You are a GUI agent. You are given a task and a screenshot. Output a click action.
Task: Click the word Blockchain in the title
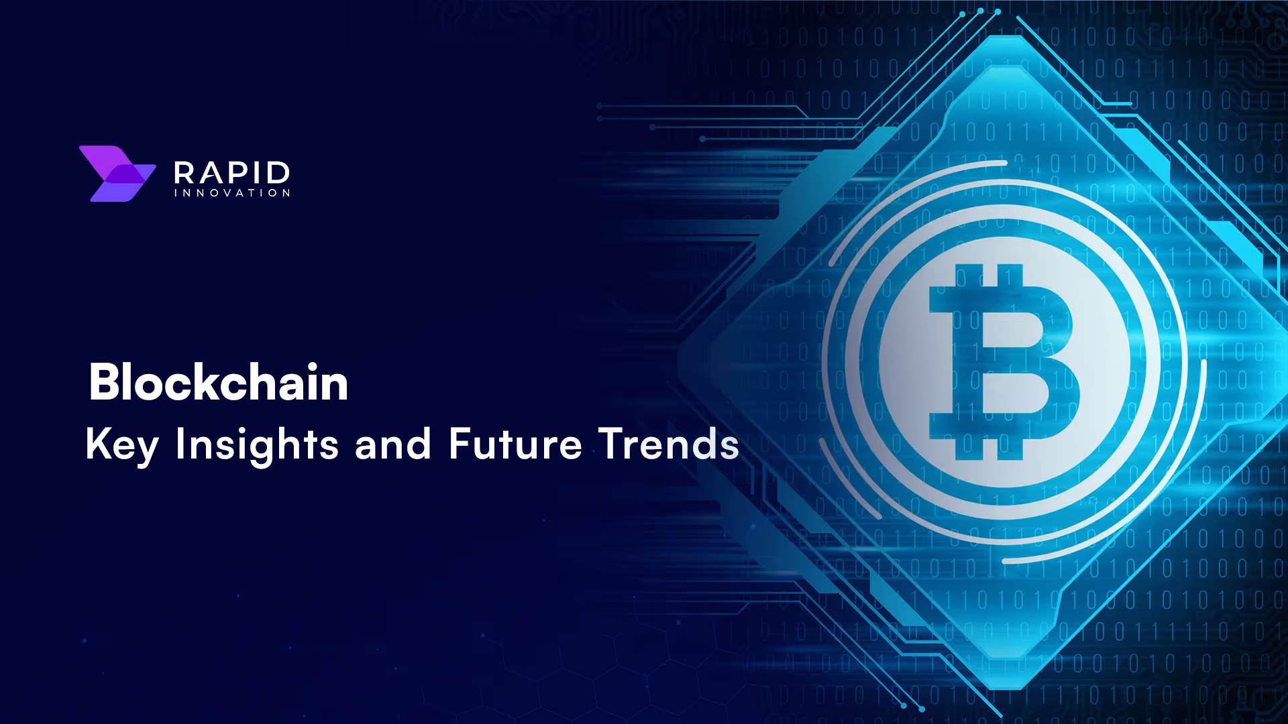219,382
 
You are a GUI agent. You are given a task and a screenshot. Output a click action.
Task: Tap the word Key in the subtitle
122,445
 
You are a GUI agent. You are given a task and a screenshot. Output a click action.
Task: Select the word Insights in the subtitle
257,445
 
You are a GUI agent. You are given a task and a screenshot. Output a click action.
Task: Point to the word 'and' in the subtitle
393,444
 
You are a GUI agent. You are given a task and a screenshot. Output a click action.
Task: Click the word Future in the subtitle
515,444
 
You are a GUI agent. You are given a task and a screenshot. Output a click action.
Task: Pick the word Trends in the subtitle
669,444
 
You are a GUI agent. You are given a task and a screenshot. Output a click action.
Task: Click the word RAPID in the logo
231,173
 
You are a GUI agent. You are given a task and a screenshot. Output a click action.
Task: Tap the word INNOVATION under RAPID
231,193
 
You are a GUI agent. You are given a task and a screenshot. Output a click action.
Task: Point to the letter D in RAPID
277,173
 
